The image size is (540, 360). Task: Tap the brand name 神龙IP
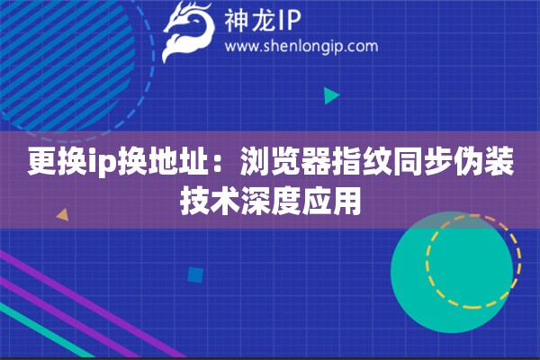[x=263, y=21]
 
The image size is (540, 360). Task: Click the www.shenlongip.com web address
[x=301, y=47]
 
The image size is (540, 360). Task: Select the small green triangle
[x=331, y=95]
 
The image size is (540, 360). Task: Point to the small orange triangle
[x=63, y=214]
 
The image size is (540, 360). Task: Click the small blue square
[x=195, y=275]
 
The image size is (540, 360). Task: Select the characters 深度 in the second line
[x=271, y=201]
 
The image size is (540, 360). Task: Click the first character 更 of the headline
[x=42, y=161]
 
